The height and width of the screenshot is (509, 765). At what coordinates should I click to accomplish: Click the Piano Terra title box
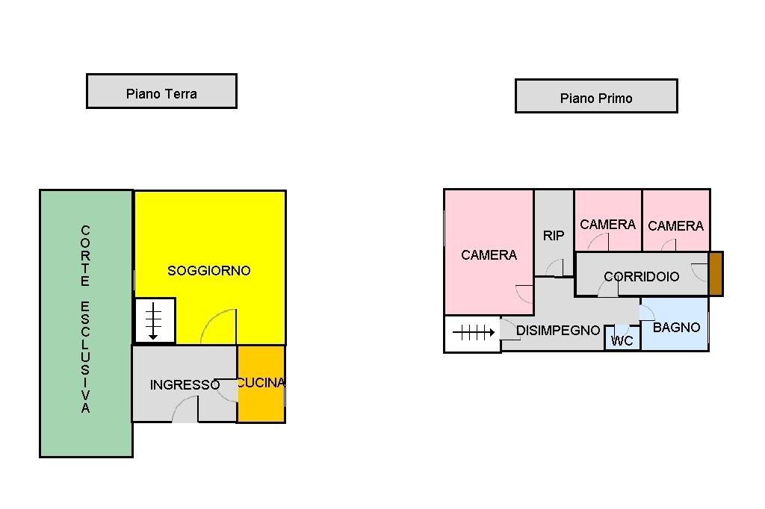click(x=161, y=91)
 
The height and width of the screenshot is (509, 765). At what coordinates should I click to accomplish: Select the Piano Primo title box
click(x=596, y=96)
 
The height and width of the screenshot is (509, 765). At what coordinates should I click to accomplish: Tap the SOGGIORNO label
click(x=208, y=270)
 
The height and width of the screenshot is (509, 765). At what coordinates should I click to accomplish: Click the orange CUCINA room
click(x=261, y=396)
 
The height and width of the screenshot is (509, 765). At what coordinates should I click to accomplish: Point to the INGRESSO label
click(x=185, y=385)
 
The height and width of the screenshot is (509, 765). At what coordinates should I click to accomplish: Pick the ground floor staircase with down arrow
click(x=155, y=320)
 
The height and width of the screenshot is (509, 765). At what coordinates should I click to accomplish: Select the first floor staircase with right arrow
click(x=471, y=333)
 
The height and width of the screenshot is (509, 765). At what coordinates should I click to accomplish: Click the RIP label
click(x=554, y=235)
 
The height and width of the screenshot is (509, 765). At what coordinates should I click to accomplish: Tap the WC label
click(x=622, y=341)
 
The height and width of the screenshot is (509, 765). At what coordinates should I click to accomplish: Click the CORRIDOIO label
click(x=642, y=276)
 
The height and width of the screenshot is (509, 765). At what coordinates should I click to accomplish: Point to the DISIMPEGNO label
click(x=558, y=330)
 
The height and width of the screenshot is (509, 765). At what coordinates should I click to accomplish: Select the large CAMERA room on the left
click(x=489, y=254)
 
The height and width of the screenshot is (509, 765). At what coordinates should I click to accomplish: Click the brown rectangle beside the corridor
click(x=716, y=274)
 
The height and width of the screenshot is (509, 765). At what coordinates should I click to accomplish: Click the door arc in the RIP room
click(x=554, y=268)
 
